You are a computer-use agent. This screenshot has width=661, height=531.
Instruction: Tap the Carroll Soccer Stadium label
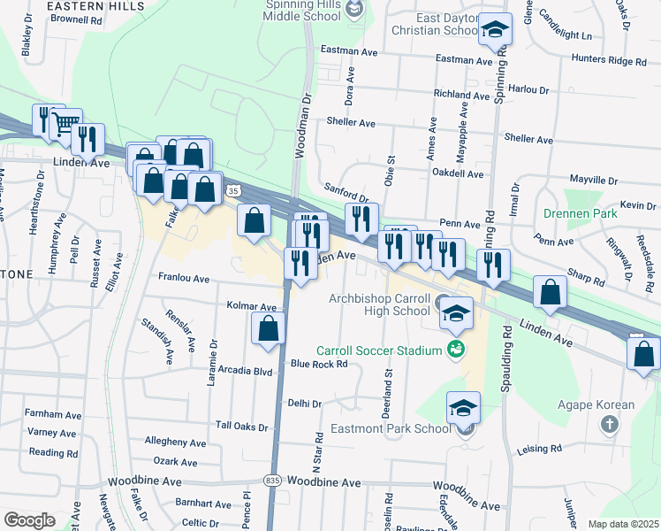click(384, 350)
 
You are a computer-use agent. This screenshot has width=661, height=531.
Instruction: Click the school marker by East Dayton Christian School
click(495, 29)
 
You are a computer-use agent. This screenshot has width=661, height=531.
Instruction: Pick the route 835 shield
click(273, 481)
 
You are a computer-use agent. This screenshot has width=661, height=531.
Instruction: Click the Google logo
click(29, 519)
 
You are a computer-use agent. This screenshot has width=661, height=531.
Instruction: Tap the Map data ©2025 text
click(623, 524)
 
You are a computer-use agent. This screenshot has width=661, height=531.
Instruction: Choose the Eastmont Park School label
click(390, 428)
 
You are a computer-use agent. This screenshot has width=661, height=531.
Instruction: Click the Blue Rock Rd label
click(319, 364)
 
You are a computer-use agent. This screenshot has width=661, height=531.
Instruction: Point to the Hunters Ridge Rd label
click(611, 61)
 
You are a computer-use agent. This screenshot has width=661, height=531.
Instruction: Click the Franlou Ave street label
click(183, 278)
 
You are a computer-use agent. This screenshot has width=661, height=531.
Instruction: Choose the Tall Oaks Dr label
click(239, 427)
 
